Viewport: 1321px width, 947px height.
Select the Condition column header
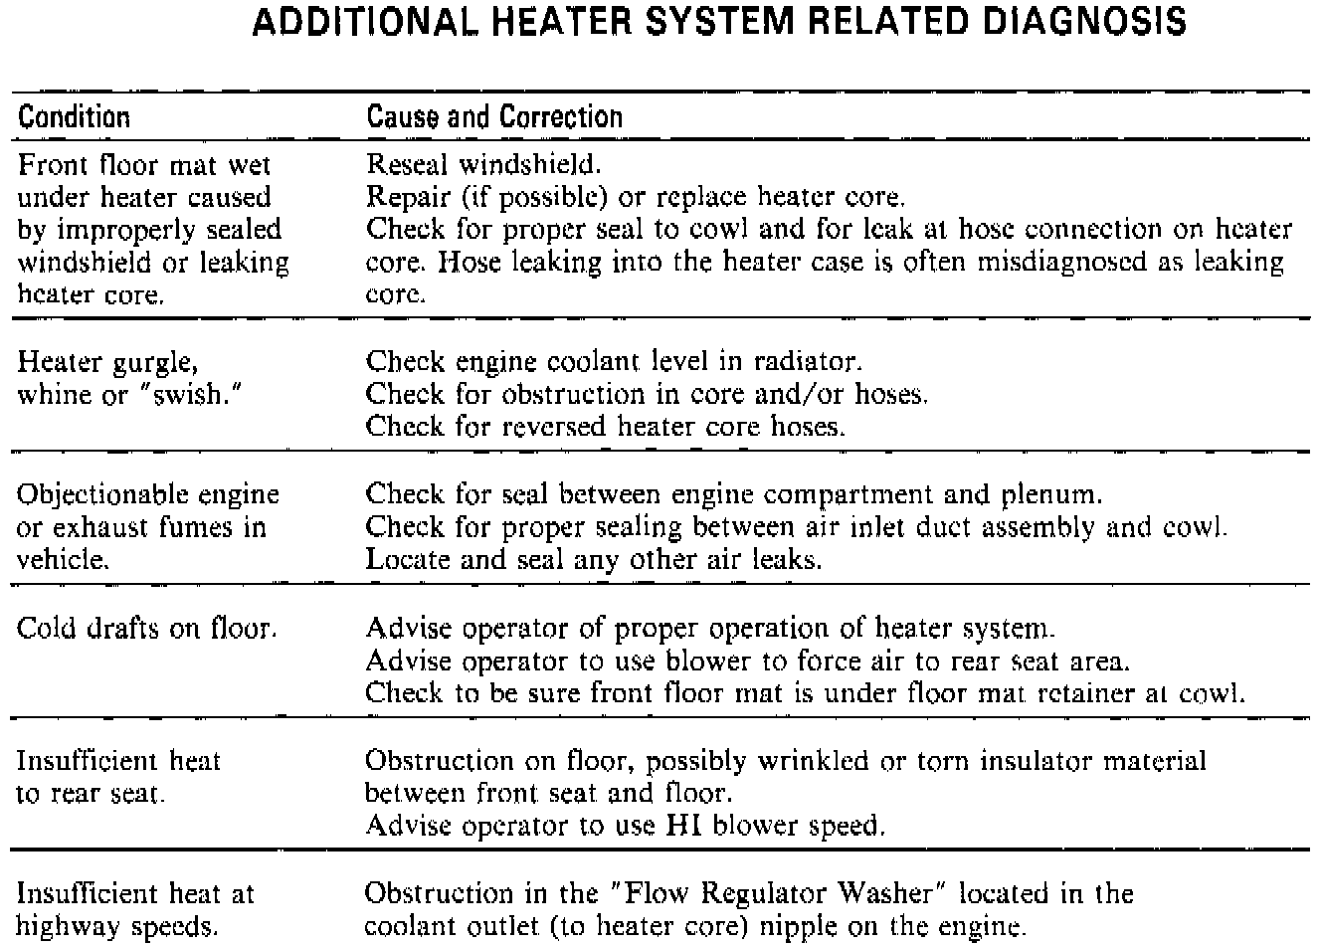pos(75,117)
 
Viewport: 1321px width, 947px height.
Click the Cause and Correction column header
pos(494,117)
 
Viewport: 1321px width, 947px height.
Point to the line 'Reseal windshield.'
pos(484,164)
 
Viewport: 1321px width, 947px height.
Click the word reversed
pos(553,428)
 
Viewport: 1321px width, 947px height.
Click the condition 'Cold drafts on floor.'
pos(147,629)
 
